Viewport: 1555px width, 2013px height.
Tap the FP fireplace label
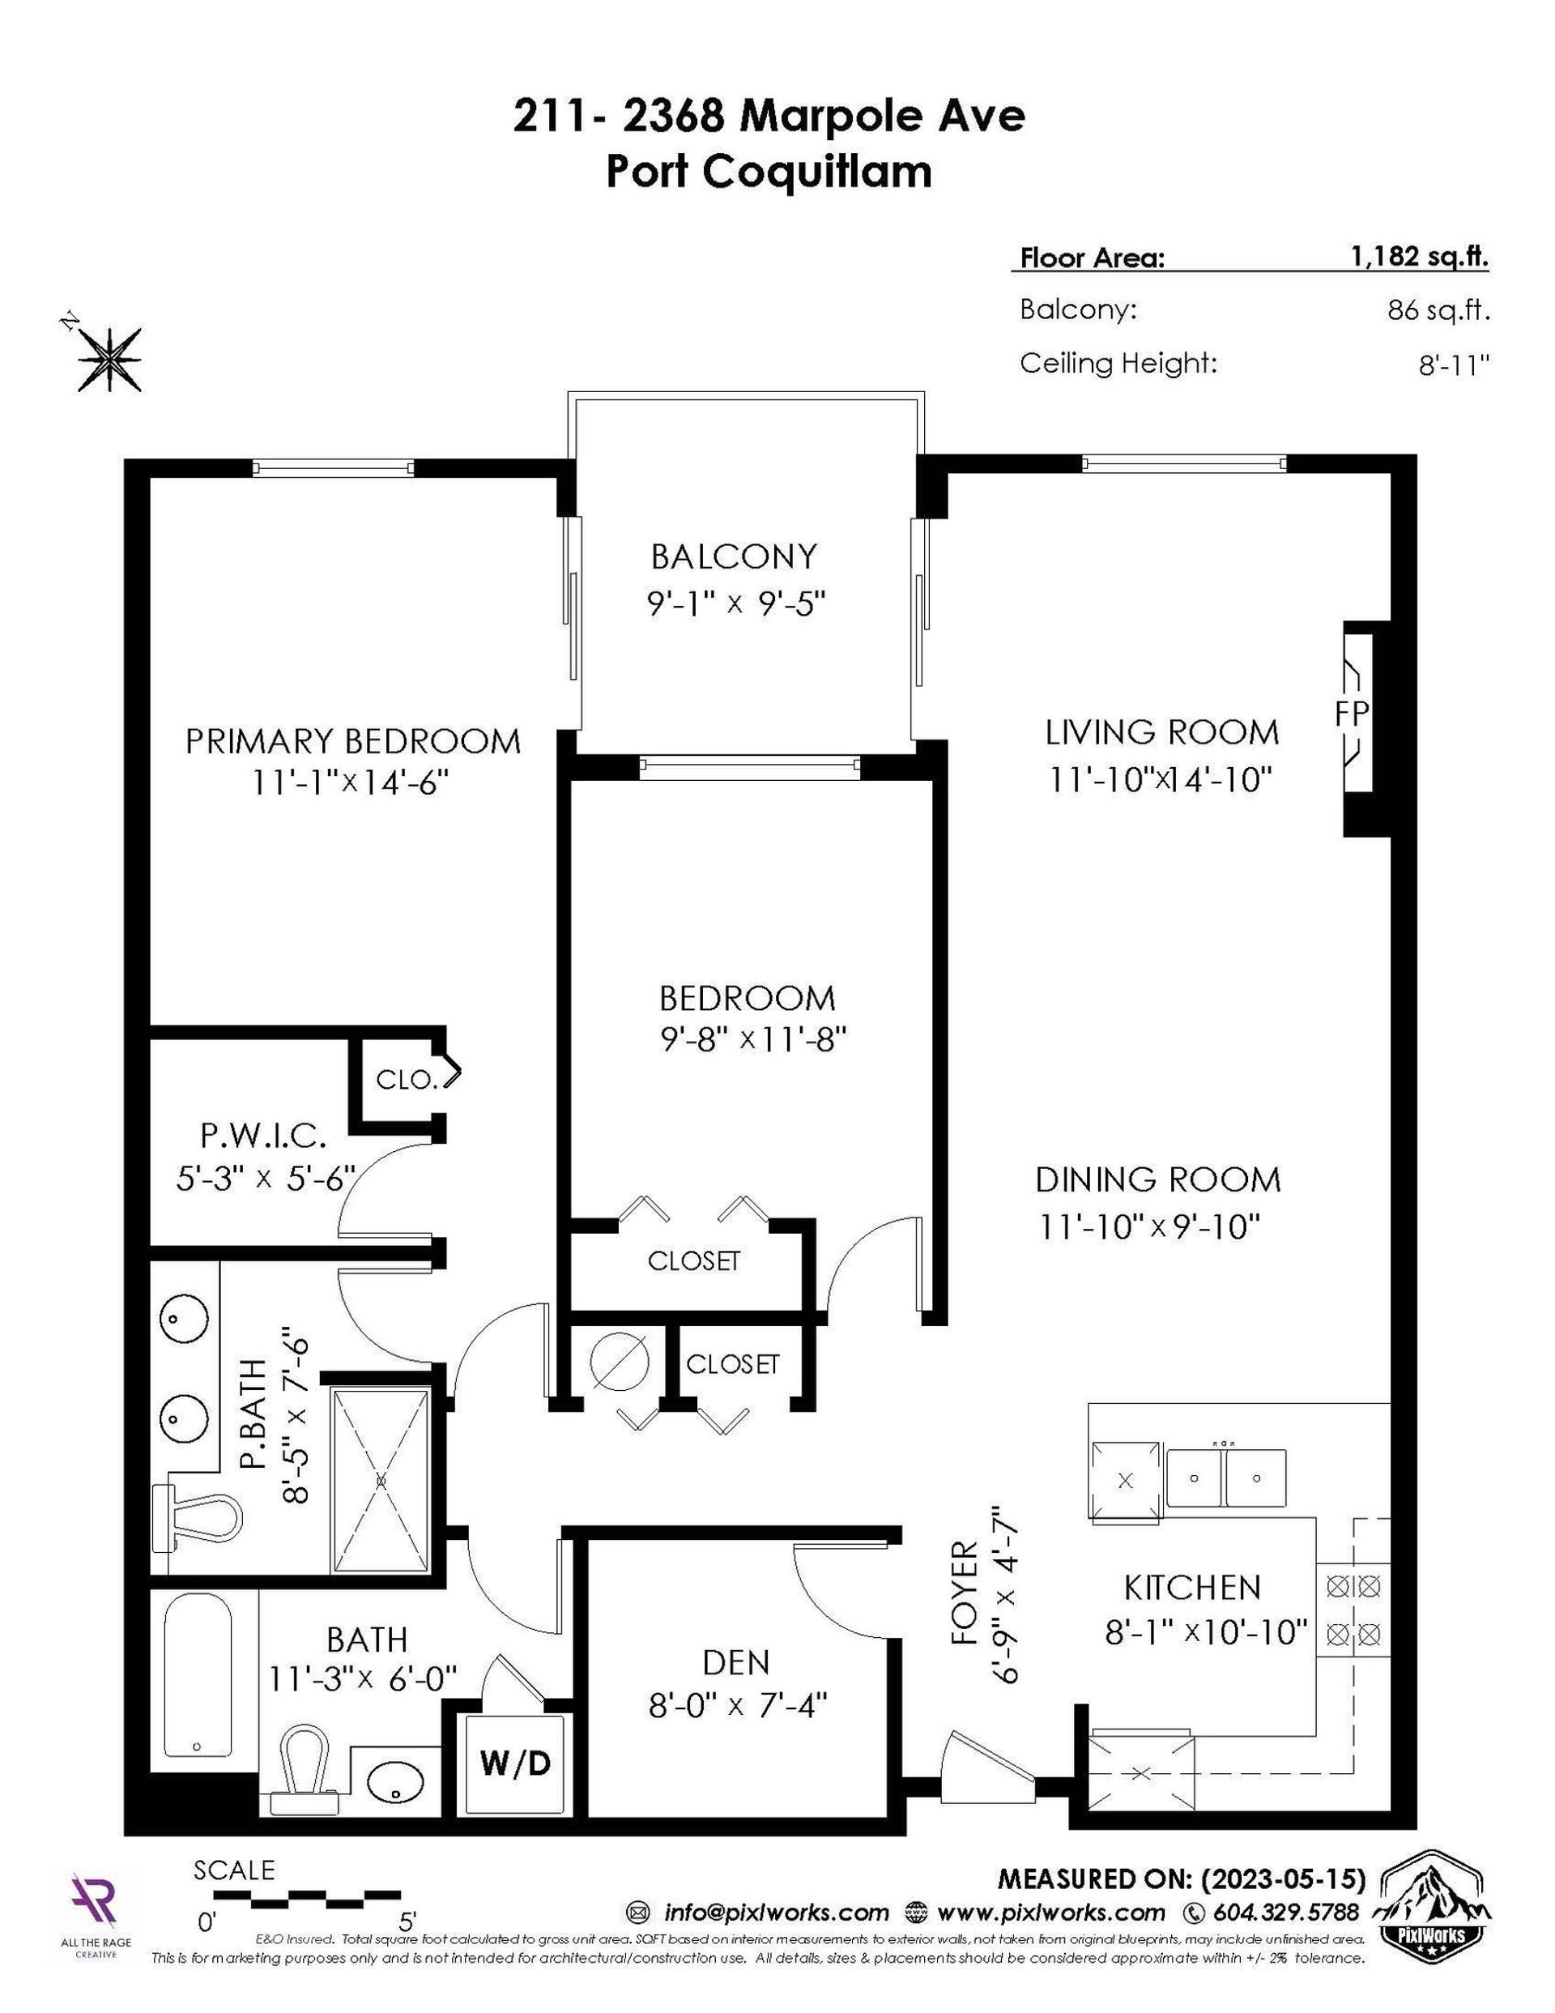(x=1351, y=713)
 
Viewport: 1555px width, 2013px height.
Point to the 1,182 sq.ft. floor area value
(x=1420, y=256)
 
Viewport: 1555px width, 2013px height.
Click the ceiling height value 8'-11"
(x=1454, y=365)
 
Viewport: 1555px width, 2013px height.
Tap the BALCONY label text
(x=734, y=557)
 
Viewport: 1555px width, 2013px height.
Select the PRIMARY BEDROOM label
(x=353, y=741)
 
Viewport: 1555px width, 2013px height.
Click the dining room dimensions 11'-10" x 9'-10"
(x=1149, y=1226)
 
